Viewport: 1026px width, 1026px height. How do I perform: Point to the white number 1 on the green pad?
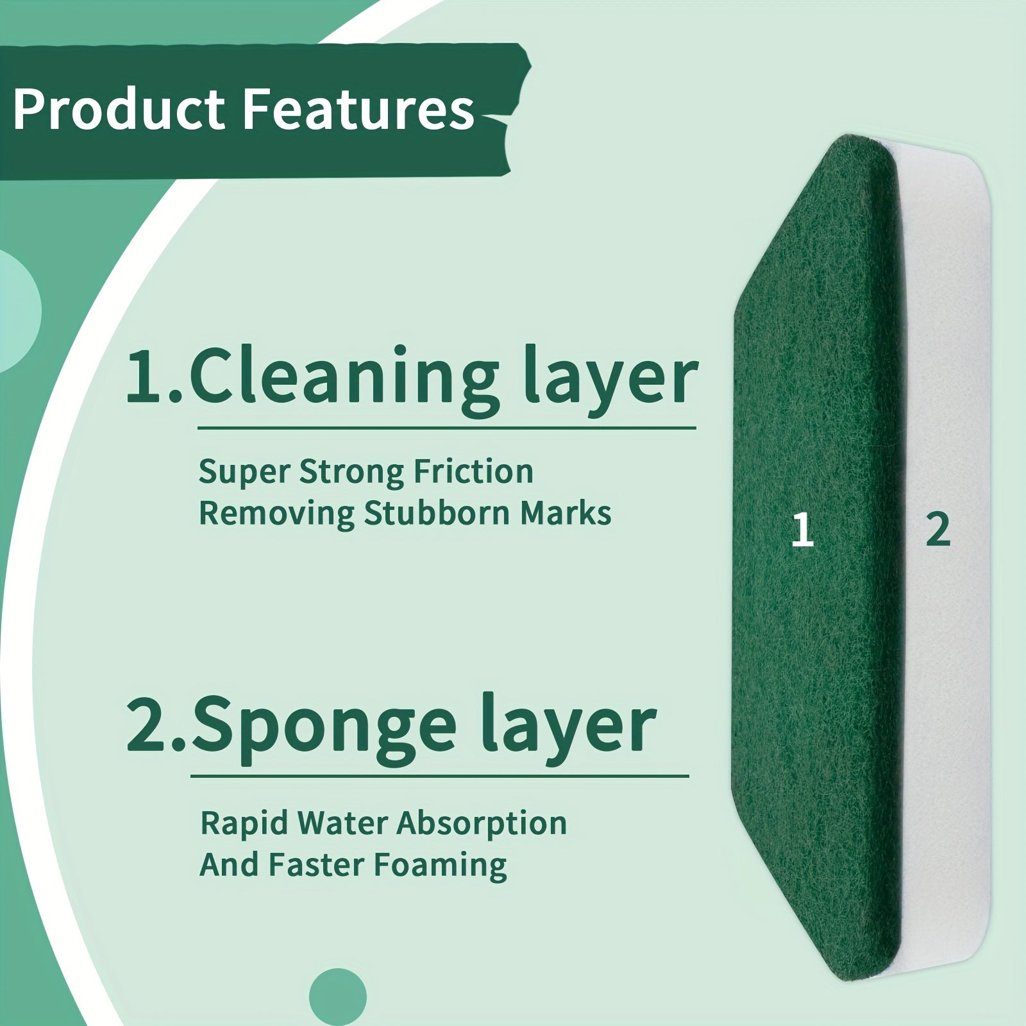802,531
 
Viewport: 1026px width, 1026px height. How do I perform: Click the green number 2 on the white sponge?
938,530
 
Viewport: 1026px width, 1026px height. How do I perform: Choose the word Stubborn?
439,513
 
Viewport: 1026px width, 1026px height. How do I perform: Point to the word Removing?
277,514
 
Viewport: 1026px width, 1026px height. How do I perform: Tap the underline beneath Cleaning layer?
446,427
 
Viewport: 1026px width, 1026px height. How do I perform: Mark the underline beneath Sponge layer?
439,777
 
